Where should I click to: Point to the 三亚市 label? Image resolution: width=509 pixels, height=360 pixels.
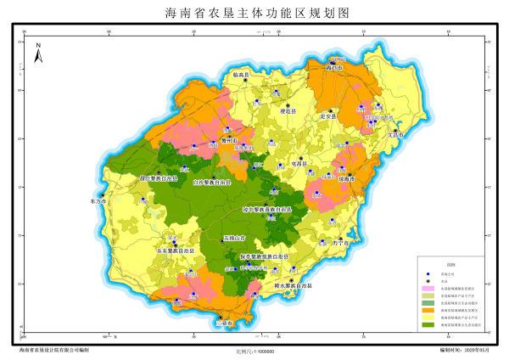tap(224, 323)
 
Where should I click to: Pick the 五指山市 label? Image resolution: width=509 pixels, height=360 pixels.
tap(235, 239)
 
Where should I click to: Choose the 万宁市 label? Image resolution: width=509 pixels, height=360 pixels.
tap(341, 244)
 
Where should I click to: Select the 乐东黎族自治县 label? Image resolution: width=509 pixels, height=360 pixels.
tap(176, 251)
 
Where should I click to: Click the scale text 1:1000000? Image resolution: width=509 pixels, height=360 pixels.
tap(255, 351)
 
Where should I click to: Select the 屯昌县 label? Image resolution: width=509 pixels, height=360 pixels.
tap(299, 163)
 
